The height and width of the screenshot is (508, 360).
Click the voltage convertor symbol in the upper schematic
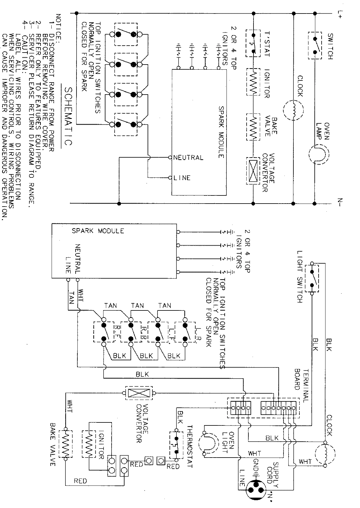point(253,171)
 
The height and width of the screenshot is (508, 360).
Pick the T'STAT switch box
point(253,43)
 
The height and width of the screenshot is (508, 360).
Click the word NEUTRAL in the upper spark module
point(188,158)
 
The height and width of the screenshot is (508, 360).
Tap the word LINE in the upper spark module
point(182,178)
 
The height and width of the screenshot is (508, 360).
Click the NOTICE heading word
point(58,27)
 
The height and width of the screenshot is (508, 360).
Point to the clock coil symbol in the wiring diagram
point(322,455)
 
